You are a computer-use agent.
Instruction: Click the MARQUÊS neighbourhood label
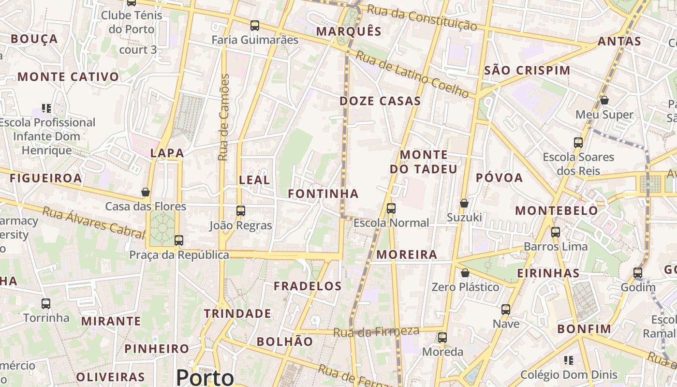pyautogui.click(x=349, y=32)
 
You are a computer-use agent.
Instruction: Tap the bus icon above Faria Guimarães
pyautogui.click(x=255, y=26)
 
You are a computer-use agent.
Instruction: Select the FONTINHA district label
pyautogui.click(x=323, y=194)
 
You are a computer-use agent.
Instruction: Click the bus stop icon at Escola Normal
pyautogui.click(x=391, y=208)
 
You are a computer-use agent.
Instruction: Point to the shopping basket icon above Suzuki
pyautogui.click(x=464, y=203)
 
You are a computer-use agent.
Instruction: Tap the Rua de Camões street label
pyautogui.click(x=223, y=117)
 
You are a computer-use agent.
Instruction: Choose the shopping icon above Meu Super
pyautogui.click(x=604, y=100)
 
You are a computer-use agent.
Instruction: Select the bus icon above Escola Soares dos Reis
pyautogui.click(x=578, y=143)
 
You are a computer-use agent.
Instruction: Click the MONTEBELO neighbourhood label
pyautogui.click(x=557, y=211)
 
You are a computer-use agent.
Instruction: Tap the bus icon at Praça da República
pyautogui.click(x=179, y=240)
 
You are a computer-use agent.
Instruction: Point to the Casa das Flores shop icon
pyautogui.click(x=146, y=192)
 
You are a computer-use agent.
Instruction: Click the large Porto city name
pyautogui.click(x=205, y=377)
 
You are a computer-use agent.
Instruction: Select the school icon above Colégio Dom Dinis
pyautogui.click(x=569, y=360)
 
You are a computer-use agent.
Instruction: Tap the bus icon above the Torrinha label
pyautogui.click(x=46, y=304)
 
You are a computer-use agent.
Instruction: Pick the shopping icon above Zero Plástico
pyautogui.click(x=465, y=273)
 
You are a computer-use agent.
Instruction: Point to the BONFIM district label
pyautogui.click(x=584, y=329)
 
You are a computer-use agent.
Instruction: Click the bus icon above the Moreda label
pyautogui.click(x=442, y=337)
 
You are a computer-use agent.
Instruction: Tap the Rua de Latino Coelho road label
pyautogui.click(x=412, y=74)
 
